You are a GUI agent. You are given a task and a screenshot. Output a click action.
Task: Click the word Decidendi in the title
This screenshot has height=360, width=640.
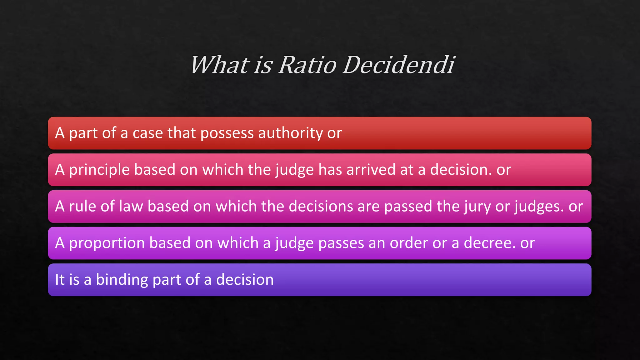(398, 65)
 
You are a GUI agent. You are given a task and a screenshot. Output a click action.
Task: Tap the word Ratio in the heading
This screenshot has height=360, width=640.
(307, 65)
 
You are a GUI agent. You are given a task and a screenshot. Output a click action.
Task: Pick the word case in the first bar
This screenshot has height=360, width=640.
(147, 133)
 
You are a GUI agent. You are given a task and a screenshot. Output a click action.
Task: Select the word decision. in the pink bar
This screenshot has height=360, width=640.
(461, 170)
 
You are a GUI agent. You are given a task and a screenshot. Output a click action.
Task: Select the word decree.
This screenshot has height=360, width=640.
(489, 243)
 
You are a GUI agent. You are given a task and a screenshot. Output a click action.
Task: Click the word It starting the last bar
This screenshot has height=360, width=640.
(60, 279)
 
